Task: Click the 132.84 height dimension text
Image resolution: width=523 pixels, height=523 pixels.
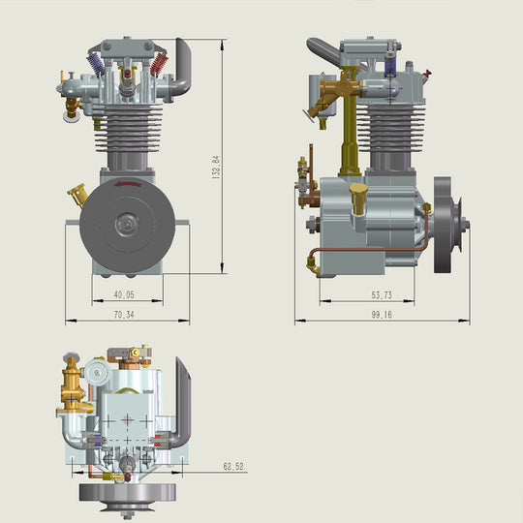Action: point(216,166)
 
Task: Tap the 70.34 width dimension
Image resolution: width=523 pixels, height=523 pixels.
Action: point(123,314)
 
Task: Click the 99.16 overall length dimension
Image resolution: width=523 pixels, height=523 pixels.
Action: point(381,314)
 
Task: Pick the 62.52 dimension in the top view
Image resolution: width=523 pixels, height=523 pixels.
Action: point(233,467)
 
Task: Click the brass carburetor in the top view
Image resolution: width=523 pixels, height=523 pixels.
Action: point(72,387)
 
